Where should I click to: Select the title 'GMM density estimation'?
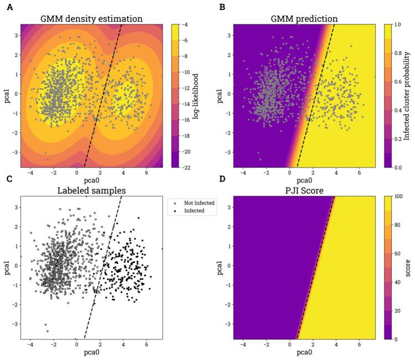pos(92,19)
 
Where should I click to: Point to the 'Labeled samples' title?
pos(92,191)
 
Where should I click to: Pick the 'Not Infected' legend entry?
pos(195,203)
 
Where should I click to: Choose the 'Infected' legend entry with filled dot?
pos(191,211)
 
